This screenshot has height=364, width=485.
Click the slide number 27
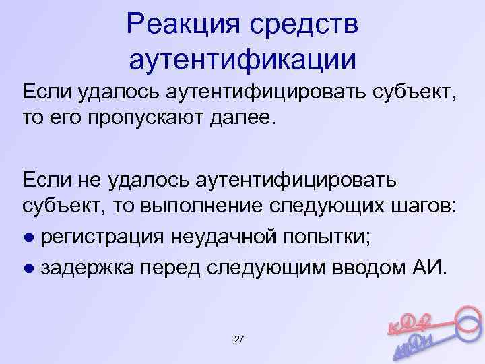point(238,337)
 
